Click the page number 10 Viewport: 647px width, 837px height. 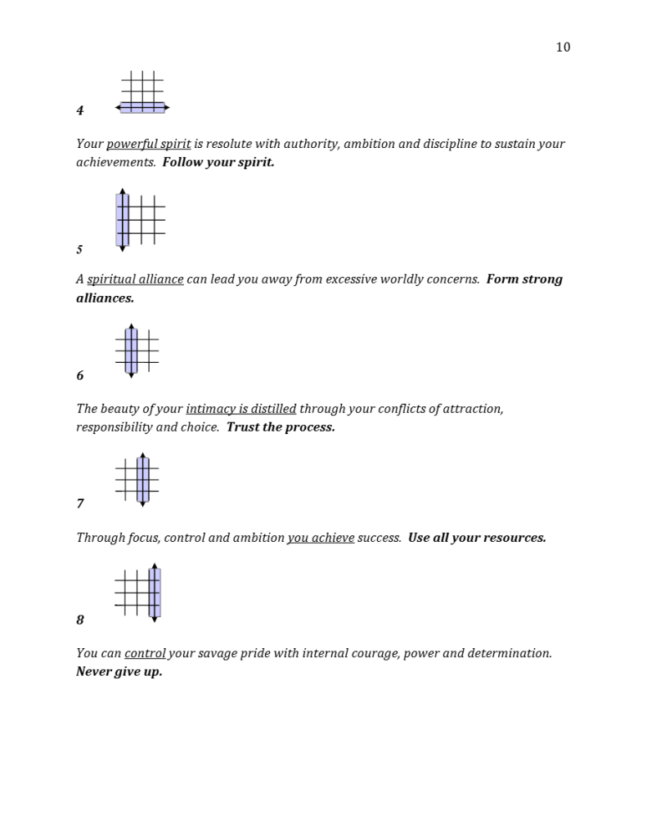coord(563,47)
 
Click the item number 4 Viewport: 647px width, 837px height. coord(80,110)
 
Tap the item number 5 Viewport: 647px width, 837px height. coord(80,248)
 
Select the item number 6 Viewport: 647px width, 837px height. coord(80,376)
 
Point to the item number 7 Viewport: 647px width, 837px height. coord(80,504)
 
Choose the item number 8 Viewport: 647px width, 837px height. coord(80,620)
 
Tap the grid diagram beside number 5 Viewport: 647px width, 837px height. coord(141,219)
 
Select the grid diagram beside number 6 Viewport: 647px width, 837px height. coord(137,351)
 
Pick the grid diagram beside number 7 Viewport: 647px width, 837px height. coord(137,479)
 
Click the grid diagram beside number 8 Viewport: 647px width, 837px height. coord(137,593)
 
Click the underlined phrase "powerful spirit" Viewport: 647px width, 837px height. coord(148,144)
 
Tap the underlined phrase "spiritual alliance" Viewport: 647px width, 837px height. coord(135,280)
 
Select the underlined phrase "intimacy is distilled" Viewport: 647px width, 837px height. coord(240,409)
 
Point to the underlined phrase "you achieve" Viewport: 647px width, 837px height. coord(320,538)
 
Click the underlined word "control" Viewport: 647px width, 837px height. coord(145,654)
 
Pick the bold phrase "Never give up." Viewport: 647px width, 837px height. coord(119,672)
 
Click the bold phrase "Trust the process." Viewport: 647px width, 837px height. coord(281,427)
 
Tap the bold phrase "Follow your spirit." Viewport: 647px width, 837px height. coord(218,162)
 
